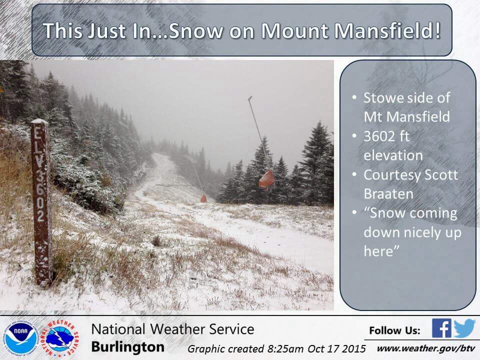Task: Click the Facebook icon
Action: (441, 328)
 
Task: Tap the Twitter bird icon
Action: (464, 328)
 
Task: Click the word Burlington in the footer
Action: (127, 347)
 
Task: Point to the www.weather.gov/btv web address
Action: (426, 348)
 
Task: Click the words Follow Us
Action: (394, 330)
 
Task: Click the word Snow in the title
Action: (195, 30)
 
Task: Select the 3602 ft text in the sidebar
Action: (386, 136)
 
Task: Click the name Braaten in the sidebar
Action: (388, 194)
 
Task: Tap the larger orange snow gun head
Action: (266, 179)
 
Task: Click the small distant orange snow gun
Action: (203, 198)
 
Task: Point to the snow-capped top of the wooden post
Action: (39, 121)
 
